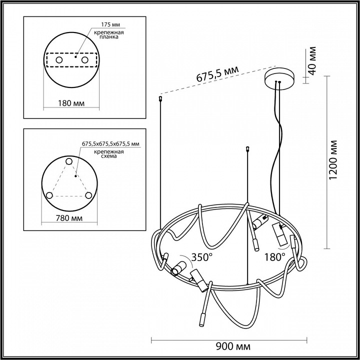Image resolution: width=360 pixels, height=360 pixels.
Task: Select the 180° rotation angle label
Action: [x=275, y=257]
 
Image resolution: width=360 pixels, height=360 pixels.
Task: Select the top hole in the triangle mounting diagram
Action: [x=69, y=161]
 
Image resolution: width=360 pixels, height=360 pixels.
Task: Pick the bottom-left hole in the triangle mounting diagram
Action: [x=49, y=195]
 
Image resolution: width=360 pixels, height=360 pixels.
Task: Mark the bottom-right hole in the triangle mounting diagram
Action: [x=88, y=195]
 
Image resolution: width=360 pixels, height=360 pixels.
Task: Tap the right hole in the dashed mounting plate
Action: [x=85, y=60]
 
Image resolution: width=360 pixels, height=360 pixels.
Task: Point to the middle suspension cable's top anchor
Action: [x=248, y=148]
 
